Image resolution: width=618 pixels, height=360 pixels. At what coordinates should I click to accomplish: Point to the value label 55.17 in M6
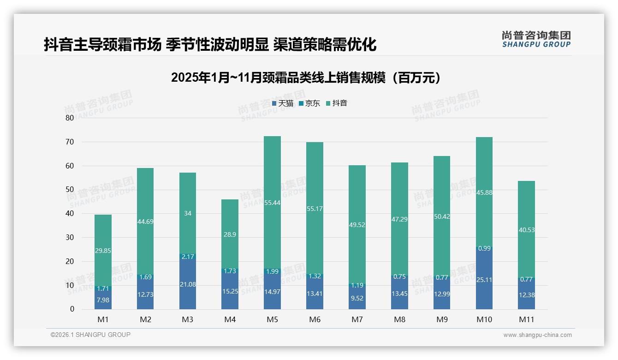(315, 209)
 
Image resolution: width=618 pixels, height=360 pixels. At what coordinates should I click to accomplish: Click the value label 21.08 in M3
(188, 284)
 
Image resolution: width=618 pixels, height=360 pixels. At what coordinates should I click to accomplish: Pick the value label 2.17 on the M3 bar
(188, 256)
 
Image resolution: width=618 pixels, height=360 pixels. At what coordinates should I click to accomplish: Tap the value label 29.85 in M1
(103, 251)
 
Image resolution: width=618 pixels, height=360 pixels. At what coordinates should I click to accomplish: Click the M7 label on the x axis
(357, 319)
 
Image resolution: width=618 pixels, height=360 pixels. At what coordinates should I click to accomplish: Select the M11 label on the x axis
(526, 319)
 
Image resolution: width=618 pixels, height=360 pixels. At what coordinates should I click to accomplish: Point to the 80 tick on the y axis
(70, 118)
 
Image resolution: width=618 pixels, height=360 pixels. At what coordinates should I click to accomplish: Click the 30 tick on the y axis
(70, 237)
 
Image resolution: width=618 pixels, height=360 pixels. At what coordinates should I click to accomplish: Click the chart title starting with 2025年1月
(308, 78)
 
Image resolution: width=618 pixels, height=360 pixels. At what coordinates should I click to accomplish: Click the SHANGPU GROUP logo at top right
(536, 39)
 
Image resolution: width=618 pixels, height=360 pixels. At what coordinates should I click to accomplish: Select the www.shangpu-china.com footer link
(537, 335)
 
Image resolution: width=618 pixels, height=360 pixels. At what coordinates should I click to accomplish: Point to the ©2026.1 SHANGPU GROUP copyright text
(90, 335)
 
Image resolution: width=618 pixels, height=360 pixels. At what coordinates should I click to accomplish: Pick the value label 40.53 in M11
(526, 230)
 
